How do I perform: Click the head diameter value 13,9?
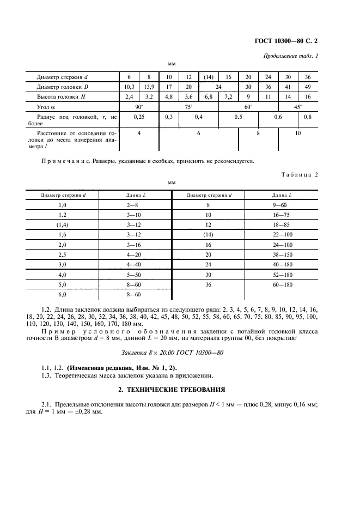(x=149, y=87)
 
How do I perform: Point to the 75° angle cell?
(x=188, y=107)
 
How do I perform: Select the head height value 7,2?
(x=228, y=96)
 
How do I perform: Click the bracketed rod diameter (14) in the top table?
(x=208, y=77)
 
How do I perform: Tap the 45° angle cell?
(x=298, y=107)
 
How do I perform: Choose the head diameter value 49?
(x=308, y=87)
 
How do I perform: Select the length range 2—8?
(x=134, y=205)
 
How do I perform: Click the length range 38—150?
(x=282, y=254)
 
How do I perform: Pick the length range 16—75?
(x=282, y=215)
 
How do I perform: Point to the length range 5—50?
(x=134, y=274)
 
